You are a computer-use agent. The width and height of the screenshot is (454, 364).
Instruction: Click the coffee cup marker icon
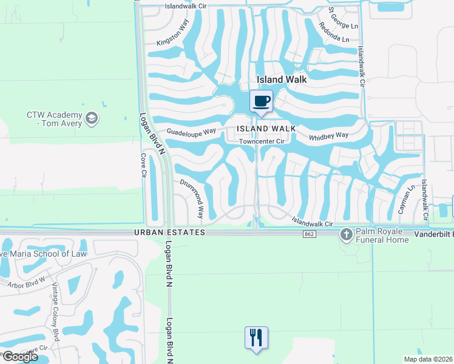(x=262, y=101)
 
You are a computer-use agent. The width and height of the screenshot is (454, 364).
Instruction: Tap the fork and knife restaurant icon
(x=256, y=337)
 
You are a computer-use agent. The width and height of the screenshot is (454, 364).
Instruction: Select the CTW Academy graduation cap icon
(x=91, y=116)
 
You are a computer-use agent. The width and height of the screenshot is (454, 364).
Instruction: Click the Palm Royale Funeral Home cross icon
(x=347, y=235)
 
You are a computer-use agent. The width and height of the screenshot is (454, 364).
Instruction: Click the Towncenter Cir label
(x=262, y=141)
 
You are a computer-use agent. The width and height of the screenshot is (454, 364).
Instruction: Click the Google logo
(x=19, y=357)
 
